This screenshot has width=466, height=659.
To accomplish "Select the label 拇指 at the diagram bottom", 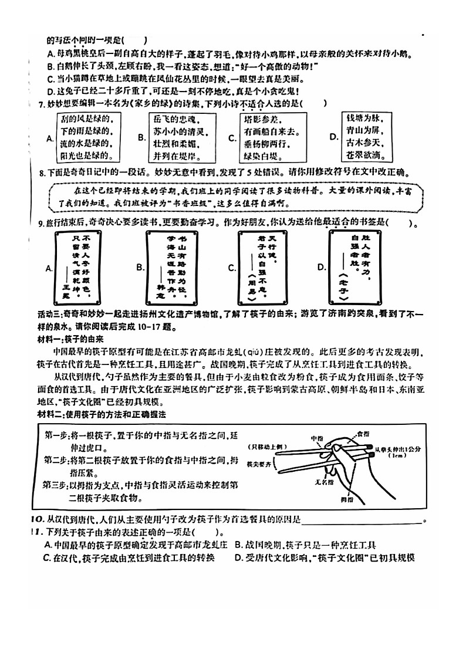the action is click(333, 499).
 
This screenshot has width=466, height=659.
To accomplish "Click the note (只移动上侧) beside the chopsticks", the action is click(268, 447).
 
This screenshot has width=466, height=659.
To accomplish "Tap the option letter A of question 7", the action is click(50, 138).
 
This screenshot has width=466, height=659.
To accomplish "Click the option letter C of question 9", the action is click(232, 268).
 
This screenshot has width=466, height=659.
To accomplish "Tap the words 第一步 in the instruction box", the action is click(57, 435).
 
